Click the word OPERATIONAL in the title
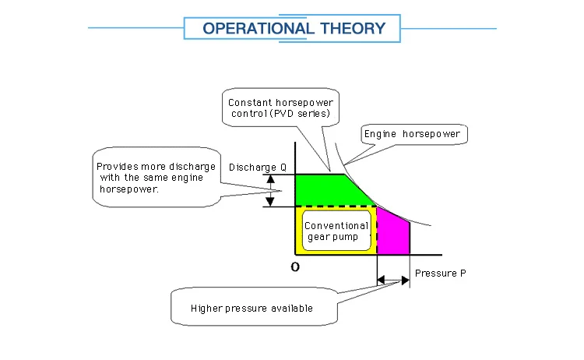(x=258, y=29)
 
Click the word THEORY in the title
(x=353, y=29)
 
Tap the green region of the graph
(x=328, y=190)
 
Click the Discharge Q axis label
(x=258, y=168)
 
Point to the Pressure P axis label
(x=440, y=274)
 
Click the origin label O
(x=295, y=266)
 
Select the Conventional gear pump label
(x=336, y=231)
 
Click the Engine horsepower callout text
(x=412, y=134)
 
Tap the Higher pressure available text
(x=252, y=309)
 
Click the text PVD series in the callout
(x=301, y=113)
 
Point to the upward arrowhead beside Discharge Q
(x=271, y=179)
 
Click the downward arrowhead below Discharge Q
(x=270, y=202)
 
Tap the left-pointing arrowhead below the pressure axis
(x=381, y=280)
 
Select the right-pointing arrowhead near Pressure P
(x=406, y=281)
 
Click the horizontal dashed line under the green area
(x=336, y=206)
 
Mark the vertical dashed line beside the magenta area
(x=377, y=231)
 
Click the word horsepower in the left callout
(x=128, y=189)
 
